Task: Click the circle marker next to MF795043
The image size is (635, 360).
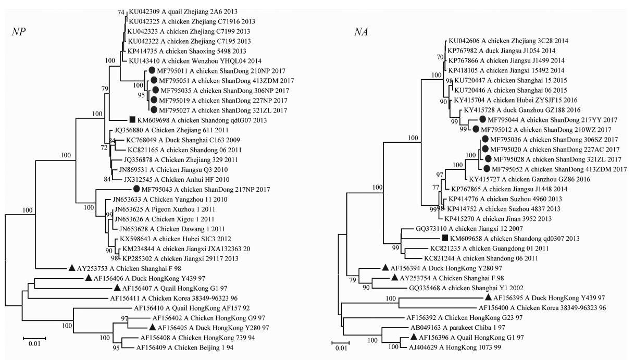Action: coord(136,189)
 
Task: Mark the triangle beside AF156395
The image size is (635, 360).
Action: coord(488,298)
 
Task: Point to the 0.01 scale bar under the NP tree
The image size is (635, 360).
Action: coord(34,339)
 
